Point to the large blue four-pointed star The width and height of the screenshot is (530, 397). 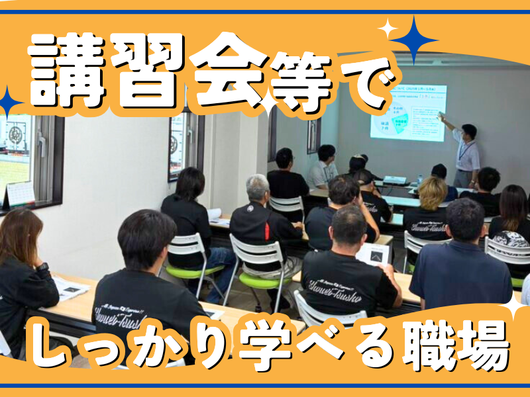413,40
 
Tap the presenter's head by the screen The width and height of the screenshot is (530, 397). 469,131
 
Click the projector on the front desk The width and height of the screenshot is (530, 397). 396,179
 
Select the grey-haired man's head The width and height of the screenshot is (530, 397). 258,187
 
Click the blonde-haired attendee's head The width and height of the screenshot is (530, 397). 433,193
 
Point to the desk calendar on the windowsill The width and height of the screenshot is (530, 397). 21,194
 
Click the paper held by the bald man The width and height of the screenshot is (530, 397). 372,253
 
